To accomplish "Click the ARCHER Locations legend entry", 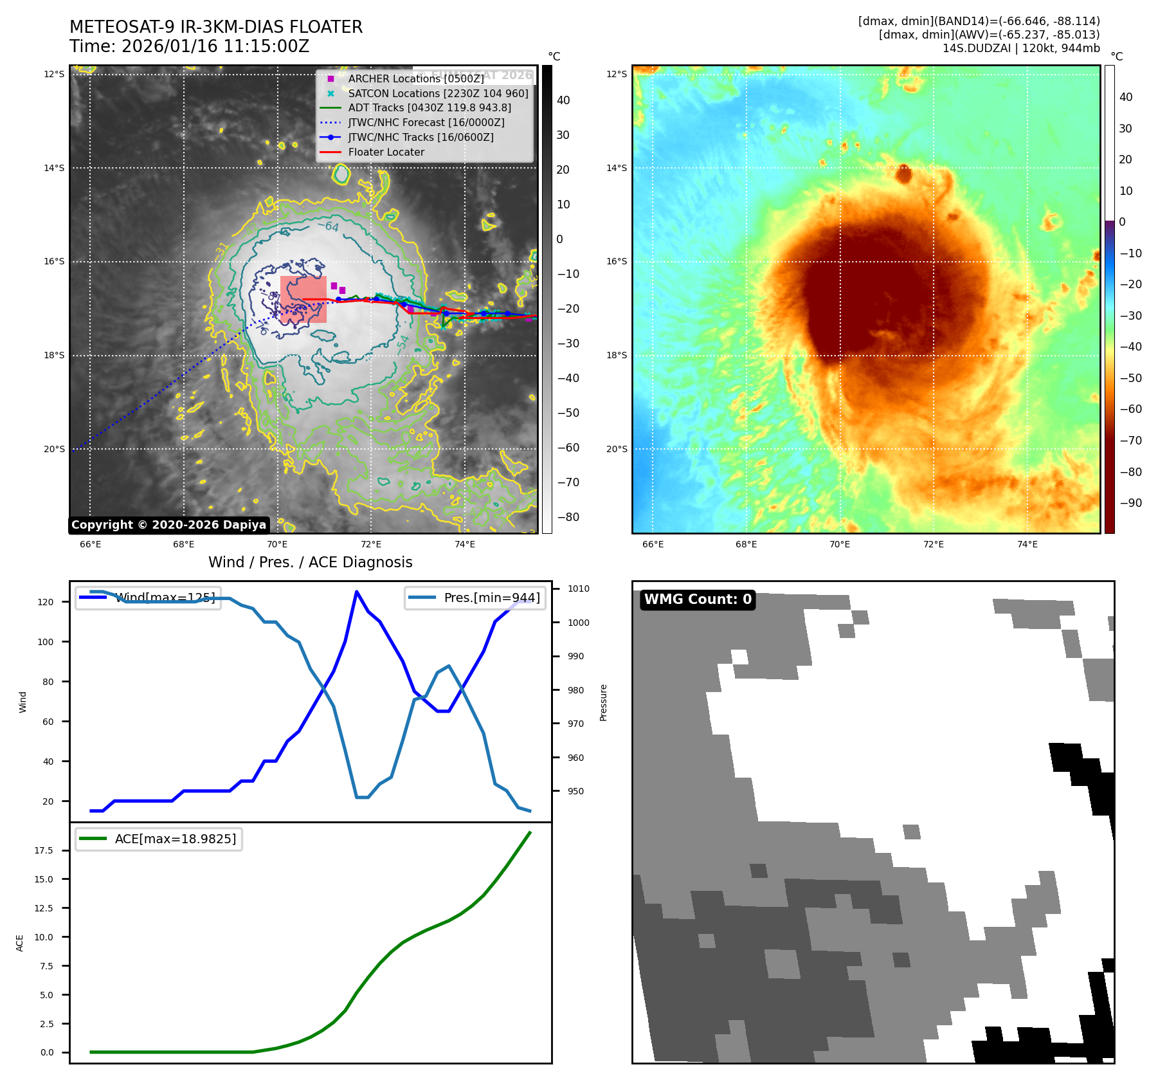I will (x=415, y=78).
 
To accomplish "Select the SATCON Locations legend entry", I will (x=437, y=93).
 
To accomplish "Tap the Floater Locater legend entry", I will (x=386, y=152).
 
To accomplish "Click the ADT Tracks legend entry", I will (x=430, y=108).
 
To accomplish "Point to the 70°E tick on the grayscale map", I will (x=277, y=544).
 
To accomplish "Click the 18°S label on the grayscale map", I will (x=54, y=356).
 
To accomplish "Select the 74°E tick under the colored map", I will (x=1027, y=544).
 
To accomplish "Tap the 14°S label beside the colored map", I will (x=617, y=168).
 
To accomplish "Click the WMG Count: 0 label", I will (x=698, y=599).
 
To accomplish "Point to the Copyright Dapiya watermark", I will (x=168, y=525).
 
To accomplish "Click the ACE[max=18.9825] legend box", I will (x=159, y=839).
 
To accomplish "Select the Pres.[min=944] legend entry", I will (x=475, y=598).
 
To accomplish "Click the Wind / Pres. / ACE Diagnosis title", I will (x=310, y=562).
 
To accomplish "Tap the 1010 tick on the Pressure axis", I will (x=578, y=589).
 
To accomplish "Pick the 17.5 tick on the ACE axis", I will (x=44, y=850).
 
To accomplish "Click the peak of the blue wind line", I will (x=356, y=592).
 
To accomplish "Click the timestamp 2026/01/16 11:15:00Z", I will (x=215, y=46).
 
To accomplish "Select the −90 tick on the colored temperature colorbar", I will (x=1130, y=503).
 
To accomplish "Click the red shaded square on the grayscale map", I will (x=303, y=299).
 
